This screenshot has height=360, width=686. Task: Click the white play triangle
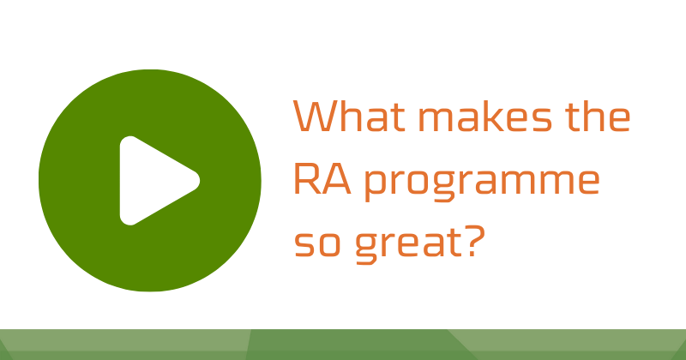tap(154, 180)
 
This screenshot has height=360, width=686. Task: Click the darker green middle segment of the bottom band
tap(352, 345)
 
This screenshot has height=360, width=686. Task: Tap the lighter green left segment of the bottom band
tap(120, 345)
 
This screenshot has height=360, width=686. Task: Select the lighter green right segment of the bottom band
tap(583, 345)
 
